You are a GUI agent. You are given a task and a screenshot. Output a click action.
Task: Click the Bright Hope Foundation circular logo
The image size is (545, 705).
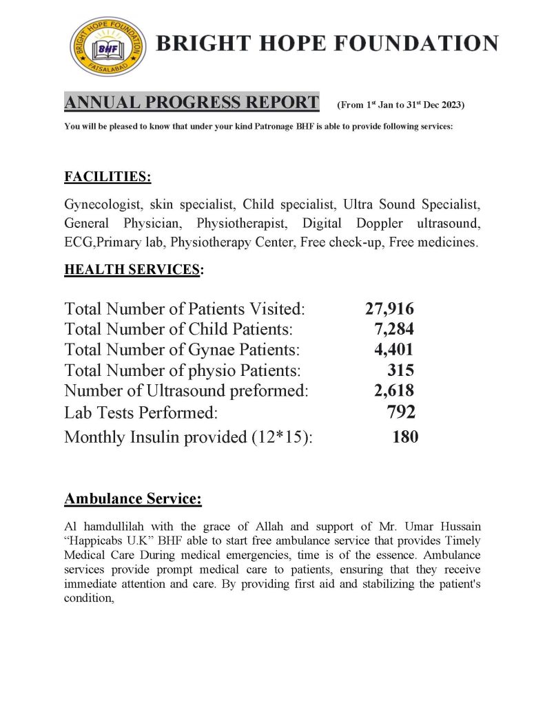coord(108,45)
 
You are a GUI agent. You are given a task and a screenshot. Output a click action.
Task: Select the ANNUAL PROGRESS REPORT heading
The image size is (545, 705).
coord(192,103)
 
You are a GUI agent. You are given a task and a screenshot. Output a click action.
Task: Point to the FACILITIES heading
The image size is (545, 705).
coord(107,177)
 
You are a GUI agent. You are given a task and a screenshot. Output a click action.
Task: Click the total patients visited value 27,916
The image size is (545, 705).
coord(389,309)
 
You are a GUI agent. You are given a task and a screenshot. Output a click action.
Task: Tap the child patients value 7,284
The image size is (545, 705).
coord(393,330)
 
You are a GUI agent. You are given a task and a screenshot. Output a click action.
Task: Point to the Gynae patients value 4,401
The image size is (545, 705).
coord(393,350)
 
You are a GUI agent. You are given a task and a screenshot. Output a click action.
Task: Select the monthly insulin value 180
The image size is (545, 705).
coord(404,436)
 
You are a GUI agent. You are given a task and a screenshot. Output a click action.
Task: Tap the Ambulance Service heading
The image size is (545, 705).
coord(133,498)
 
